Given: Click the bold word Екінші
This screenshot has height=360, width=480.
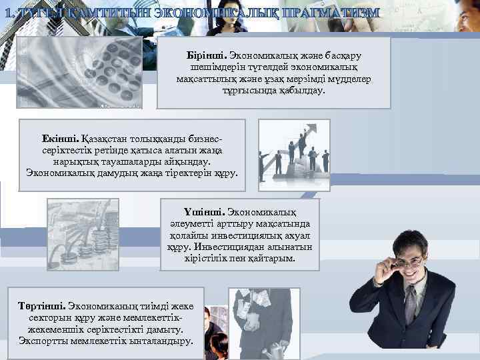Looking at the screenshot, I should coord(61,138).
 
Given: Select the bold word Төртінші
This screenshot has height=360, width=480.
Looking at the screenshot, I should coord(42,306).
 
